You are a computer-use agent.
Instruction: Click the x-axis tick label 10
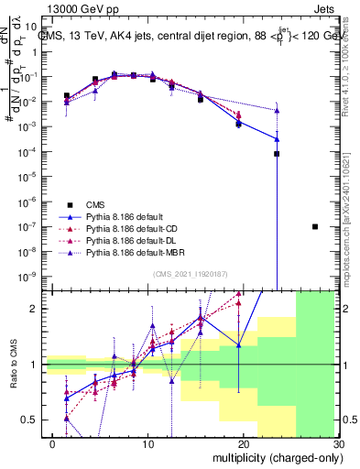pyautogui.click(x=148, y=443)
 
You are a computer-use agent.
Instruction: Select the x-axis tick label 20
pyautogui.click(x=243, y=443)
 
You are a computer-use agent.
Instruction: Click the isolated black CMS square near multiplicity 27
pyautogui.click(x=314, y=226)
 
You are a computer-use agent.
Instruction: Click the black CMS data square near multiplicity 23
pyautogui.click(x=277, y=154)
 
